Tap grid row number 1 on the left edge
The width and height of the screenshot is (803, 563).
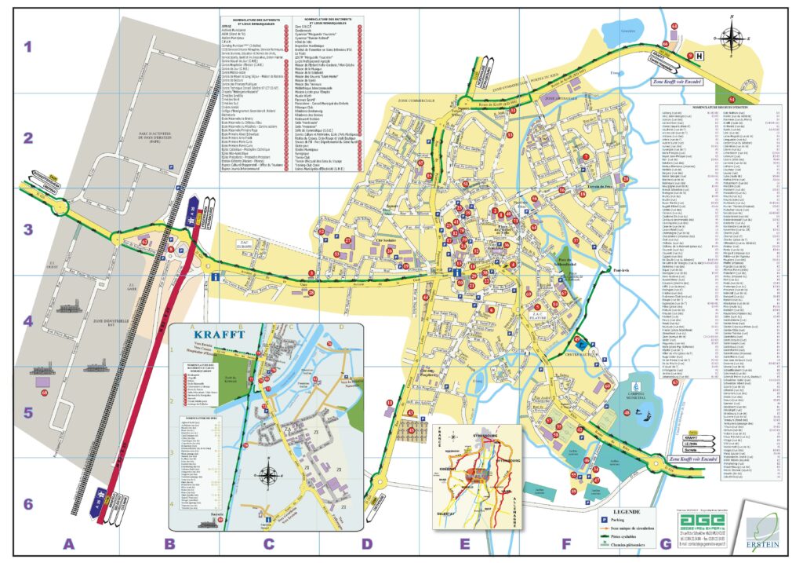coord(27,46)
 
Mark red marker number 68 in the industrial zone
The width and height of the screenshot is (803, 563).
coord(45,392)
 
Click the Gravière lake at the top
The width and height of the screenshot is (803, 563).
coord(649,31)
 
